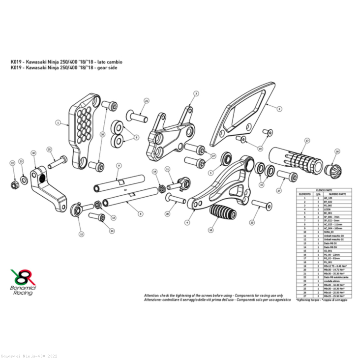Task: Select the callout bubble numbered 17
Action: pos(306,141)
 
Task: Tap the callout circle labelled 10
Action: pos(33,153)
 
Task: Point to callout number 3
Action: pos(195,93)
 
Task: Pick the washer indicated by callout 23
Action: pos(23,177)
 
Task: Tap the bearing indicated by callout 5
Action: pos(227,158)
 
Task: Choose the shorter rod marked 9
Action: pos(116,186)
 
